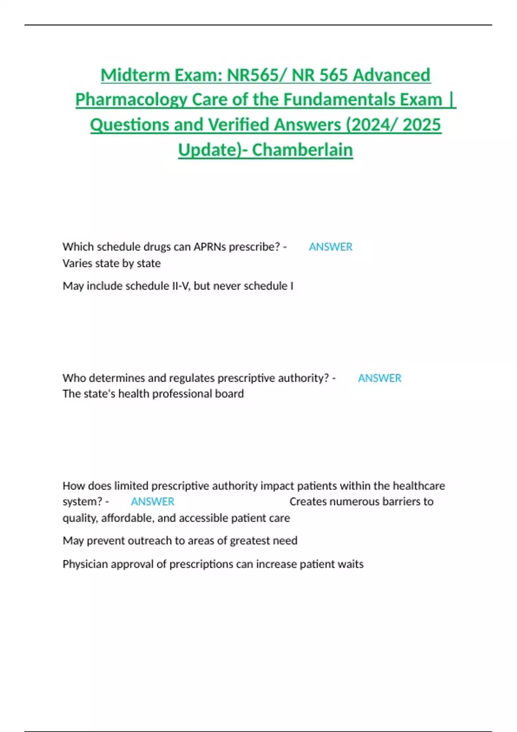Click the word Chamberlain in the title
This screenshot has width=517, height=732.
[302, 150]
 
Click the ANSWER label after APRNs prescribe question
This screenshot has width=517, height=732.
[330, 247]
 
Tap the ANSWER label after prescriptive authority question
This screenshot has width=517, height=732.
[380, 378]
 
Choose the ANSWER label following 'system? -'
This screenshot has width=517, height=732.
[153, 502]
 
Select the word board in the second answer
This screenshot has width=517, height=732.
[230, 394]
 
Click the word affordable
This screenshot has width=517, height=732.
[127, 518]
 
